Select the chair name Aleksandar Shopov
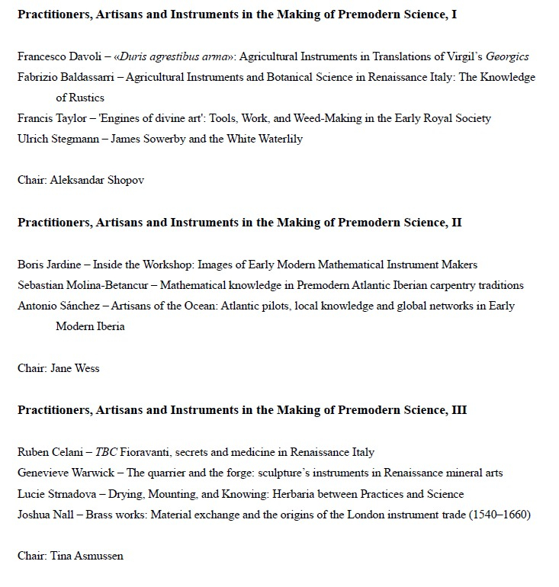97,180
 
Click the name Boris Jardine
49,265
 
